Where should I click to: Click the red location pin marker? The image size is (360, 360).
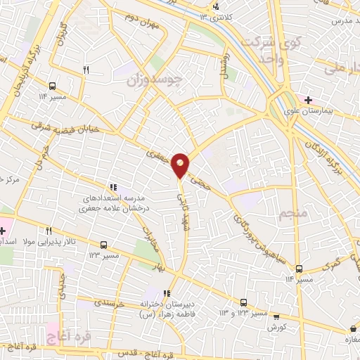pyautogui.click(x=181, y=165)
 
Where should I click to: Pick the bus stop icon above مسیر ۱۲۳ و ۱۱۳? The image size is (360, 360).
pyautogui.click(x=243, y=300)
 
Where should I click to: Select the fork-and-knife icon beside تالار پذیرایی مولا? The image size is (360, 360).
pyautogui.click(x=49, y=231)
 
